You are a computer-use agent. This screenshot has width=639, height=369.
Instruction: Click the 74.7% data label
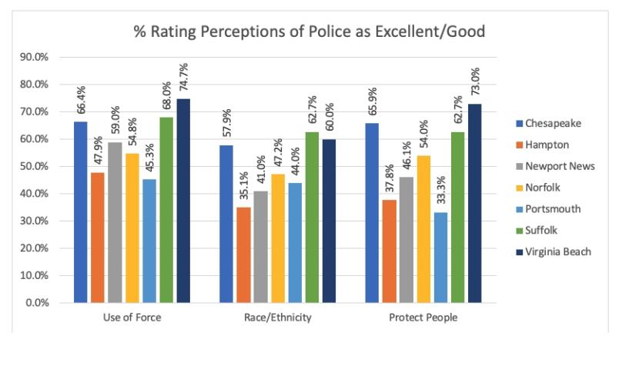(184, 78)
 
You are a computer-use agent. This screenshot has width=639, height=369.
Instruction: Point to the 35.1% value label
(243, 187)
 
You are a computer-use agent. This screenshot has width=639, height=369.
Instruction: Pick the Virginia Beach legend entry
(557, 251)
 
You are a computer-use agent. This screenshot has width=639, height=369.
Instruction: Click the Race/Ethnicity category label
(276, 317)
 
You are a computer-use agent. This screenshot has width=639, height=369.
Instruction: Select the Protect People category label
(423, 317)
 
